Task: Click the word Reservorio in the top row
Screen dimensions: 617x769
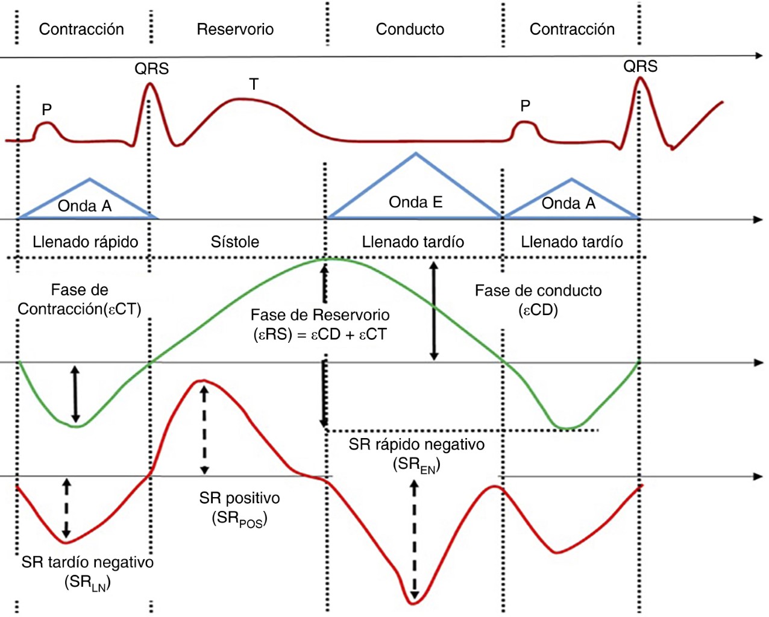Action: click(x=235, y=29)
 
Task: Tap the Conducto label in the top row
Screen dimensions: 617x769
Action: click(x=410, y=29)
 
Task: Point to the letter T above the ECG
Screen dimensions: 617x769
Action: click(x=254, y=84)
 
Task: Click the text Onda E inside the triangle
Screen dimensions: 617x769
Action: click(x=415, y=202)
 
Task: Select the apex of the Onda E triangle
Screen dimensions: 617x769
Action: click(x=415, y=154)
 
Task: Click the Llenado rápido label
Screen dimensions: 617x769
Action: click(x=85, y=242)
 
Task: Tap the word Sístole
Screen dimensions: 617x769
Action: click(x=234, y=242)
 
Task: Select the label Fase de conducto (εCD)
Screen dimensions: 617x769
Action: click(x=538, y=299)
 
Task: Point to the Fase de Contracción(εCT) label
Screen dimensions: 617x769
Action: click(x=79, y=299)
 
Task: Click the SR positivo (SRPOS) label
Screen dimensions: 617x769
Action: click(x=239, y=507)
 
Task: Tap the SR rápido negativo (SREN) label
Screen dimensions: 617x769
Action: click(x=416, y=454)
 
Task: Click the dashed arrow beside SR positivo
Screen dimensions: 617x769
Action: click(x=204, y=430)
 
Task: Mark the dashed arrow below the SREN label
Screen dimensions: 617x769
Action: click(x=414, y=539)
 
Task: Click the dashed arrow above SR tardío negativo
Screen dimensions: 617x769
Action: click(x=66, y=508)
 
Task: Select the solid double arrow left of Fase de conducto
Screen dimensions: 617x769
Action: click(x=433, y=311)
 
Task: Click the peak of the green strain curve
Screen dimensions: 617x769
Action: click(x=326, y=259)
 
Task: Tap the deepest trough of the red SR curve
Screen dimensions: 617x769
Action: click(x=413, y=602)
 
